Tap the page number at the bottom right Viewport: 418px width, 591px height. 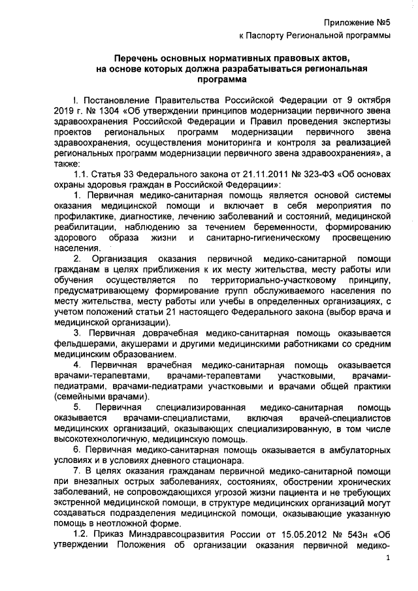388,558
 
